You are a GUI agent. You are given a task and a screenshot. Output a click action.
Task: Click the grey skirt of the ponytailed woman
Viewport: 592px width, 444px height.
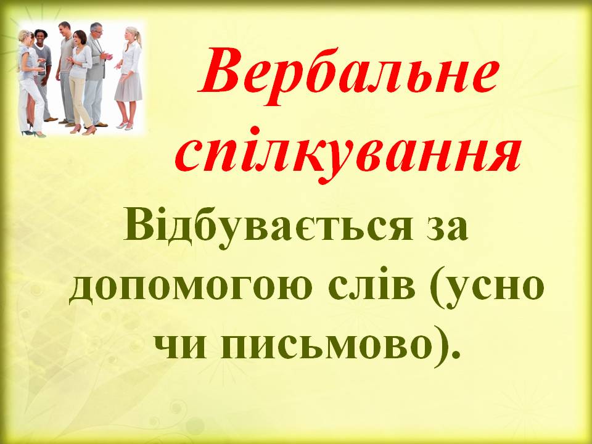pyautogui.click(x=128, y=86)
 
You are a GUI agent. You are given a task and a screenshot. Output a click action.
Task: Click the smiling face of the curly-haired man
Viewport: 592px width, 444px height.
pyautogui.click(x=41, y=39)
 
